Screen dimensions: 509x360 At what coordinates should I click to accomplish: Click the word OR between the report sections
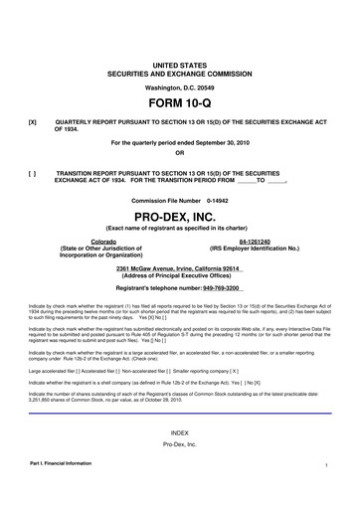tap(179, 153)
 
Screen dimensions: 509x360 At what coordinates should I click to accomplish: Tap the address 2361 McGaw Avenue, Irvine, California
tap(179, 269)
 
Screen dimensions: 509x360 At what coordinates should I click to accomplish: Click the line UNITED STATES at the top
tap(179, 64)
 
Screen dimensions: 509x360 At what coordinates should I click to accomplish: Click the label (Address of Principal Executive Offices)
tap(179, 276)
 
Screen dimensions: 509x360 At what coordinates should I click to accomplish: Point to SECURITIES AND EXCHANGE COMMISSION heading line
tap(179, 74)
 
